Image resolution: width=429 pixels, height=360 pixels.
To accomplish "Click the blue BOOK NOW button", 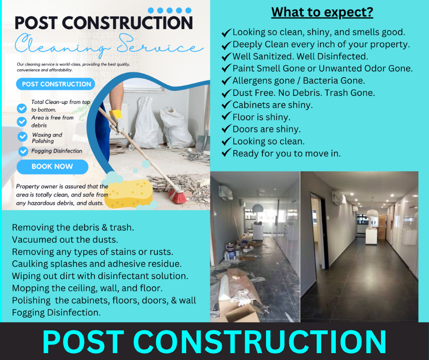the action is click(x=52, y=167).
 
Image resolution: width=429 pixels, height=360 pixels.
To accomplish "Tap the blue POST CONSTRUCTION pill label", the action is click(x=56, y=84).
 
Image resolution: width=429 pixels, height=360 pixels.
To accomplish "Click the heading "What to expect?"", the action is click(x=322, y=13).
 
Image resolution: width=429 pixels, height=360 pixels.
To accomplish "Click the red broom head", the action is click(x=178, y=195).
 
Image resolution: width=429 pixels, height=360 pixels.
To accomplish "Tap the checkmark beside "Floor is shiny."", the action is click(x=226, y=116).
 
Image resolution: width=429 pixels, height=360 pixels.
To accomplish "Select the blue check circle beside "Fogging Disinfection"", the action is click(x=23, y=151).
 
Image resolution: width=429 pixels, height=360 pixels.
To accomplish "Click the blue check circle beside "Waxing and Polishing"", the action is click(x=22, y=137).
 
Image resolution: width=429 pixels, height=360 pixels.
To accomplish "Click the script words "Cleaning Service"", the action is click(x=109, y=46).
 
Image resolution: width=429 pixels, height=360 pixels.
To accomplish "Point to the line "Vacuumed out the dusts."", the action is click(x=65, y=240).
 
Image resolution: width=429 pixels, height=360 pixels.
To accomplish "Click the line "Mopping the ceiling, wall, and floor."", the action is click(x=87, y=288).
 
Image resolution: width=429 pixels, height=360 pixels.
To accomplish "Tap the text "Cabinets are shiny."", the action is click(x=272, y=105).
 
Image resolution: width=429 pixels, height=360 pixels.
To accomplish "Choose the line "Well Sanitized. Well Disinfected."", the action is click(x=300, y=57).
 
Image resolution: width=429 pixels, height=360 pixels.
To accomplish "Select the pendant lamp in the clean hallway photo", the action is click(x=372, y=212).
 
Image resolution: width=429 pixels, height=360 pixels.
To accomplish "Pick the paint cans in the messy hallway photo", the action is click(x=232, y=251).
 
